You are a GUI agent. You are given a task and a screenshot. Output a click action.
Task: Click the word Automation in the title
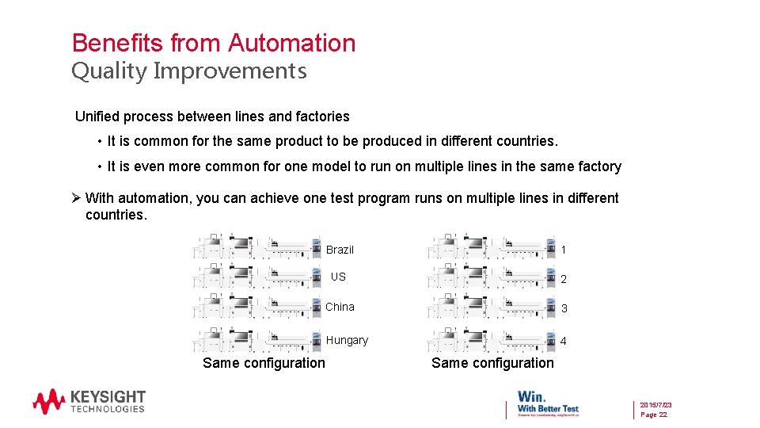pos(292,43)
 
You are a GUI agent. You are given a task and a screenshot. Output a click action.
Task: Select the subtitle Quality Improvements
pos(189,71)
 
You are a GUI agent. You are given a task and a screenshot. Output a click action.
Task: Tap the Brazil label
pos(340,250)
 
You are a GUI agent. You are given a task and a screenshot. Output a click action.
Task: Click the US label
pos(338,277)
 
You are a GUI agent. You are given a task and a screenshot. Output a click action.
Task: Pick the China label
pos(340,307)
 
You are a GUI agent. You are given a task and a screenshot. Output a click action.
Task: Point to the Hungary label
pos(347,340)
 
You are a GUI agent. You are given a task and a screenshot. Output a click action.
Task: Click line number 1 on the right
pos(564,250)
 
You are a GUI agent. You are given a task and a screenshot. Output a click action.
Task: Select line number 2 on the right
pos(564,279)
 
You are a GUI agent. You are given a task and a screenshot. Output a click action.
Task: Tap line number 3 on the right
pos(564,308)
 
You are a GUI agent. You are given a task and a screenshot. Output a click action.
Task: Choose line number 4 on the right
pos(564,341)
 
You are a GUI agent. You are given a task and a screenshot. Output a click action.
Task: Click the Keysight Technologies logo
pos(89,400)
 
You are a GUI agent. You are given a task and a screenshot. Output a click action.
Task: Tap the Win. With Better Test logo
pos(548,401)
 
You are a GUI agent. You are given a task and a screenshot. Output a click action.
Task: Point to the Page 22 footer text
pos(653,415)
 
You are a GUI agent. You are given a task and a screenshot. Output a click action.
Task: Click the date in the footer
pos(656,404)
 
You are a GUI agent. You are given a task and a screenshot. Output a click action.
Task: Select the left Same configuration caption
pos(264,363)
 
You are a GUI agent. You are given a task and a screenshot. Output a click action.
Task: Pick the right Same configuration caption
pos(492,363)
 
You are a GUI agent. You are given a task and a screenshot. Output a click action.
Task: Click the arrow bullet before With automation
pos(76,198)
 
